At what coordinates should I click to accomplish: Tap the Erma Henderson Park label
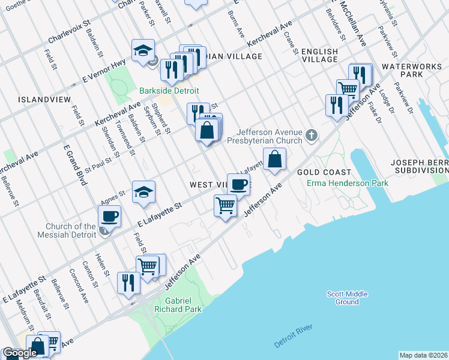(339, 182)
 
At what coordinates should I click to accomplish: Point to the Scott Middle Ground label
(347, 298)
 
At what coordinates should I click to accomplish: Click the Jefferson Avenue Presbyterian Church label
(265, 137)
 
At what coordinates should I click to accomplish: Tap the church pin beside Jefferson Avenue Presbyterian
(311, 135)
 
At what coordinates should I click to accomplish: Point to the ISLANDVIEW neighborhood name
(44, 99)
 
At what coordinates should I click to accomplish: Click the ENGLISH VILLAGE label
(320, 55)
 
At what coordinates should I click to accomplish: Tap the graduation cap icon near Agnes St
(143, 192)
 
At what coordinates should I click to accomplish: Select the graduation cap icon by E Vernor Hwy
(143, 50)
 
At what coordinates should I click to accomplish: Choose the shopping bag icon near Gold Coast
(274, 160)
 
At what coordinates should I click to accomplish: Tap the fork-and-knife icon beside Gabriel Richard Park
(128, 281)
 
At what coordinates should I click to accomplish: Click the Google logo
(20, 353)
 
